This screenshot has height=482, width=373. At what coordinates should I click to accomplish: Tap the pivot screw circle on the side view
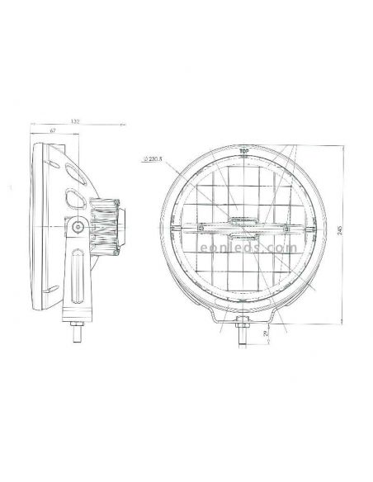[78, 227]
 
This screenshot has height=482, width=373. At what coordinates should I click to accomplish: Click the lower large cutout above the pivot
[73, 200]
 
